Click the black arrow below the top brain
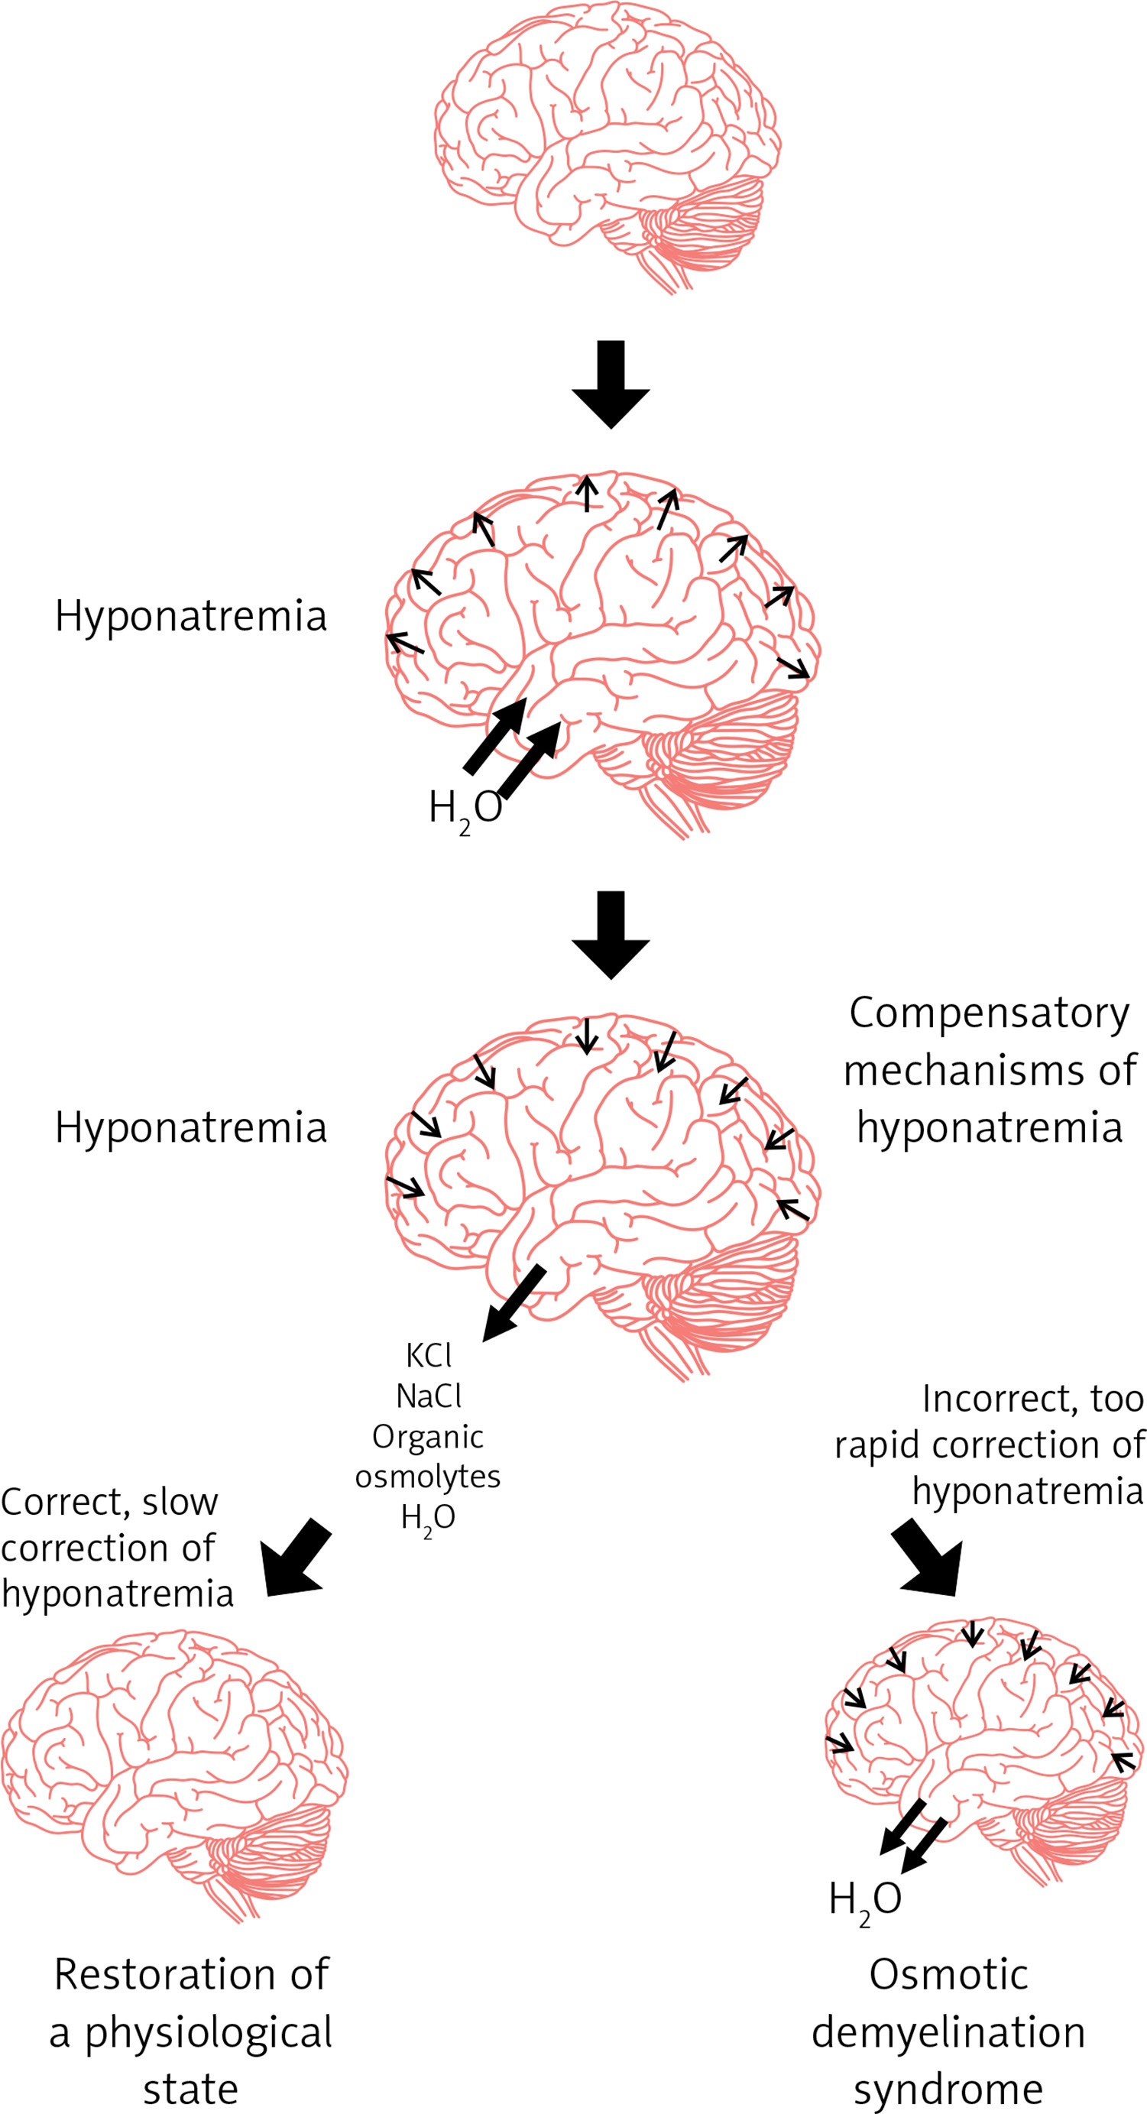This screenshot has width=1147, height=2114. point(611,384)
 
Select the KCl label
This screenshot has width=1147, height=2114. point(428,1356)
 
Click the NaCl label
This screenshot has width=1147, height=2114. point(428,1396)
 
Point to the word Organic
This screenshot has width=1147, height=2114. point(427,1436)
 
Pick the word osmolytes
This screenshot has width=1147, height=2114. point(427,1477)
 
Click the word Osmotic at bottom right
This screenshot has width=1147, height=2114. point(948,1974)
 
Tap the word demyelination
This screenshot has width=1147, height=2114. point(948,2032)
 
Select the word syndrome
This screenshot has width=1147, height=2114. point(948,2089)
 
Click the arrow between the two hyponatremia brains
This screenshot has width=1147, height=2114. point(611,935)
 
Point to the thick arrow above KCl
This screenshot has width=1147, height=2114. point(513,1303)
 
